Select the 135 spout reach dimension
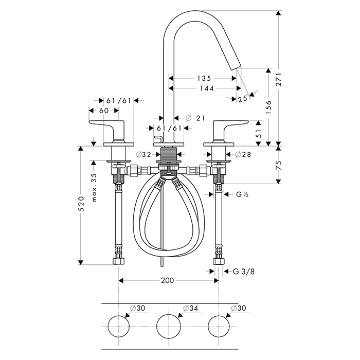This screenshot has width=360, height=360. (x=204, y=79)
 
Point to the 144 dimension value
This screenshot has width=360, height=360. (x=204, y=88)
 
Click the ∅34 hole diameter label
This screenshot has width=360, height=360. (x=190, y=309)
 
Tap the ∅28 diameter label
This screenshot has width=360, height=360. (x=243, y=154)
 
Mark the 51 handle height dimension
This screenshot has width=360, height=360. (x=259, y=133)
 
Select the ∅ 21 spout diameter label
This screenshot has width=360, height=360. (x=195, y=118)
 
